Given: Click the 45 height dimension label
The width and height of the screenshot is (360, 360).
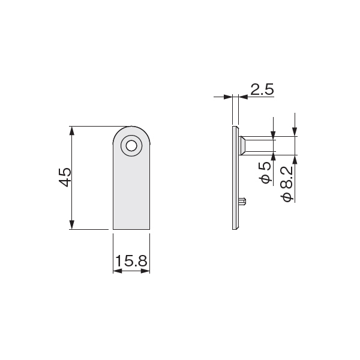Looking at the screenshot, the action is tap(65, 177).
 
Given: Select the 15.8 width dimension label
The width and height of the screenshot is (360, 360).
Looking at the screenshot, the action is tap(131, 261).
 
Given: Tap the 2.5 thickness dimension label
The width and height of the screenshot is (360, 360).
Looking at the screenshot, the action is tap(262, 89).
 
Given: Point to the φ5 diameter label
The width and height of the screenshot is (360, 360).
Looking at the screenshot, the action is tap(266, 173).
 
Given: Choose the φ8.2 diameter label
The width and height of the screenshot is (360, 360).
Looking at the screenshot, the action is tap(287, 184).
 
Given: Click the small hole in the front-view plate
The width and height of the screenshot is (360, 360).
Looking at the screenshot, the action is tap(131, 146).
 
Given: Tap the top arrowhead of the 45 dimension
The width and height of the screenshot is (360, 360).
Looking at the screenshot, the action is tap(72, 131).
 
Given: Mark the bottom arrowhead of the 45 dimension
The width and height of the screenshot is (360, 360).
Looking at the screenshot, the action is tap(72, 224).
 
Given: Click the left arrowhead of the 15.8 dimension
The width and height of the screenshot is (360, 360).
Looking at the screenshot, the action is tap(118, 271).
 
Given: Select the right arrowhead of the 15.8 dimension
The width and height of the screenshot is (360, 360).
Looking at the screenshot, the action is tap(145, 271).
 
